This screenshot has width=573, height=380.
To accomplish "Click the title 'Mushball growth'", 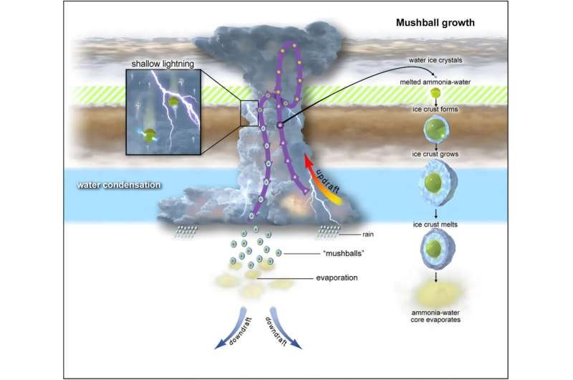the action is (x=435, y=23).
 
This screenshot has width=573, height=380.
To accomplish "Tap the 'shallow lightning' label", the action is (x=163, y=64).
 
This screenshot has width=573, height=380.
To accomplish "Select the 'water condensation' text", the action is (x=119, y=185).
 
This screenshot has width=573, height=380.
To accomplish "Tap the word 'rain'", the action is (x=368, y=234).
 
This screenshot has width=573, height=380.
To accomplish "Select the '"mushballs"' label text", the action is (x=344, y=253).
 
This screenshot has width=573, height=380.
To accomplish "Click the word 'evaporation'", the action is (x=337, y=278).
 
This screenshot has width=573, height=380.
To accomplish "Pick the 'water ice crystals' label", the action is (x=435, y=60).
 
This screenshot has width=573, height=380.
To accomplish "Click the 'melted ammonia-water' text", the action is (x=435, y=82).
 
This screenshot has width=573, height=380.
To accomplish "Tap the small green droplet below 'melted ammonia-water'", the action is (x=435, y=93).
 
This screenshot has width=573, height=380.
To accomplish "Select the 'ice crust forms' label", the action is (x=435, y=109).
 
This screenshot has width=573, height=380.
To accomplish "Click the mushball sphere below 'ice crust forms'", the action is (x=436, y=129).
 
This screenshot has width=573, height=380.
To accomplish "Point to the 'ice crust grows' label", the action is (x=435, y=154).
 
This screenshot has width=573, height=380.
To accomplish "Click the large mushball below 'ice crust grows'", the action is (x=438, y=183).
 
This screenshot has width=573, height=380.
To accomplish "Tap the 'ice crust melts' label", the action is (x=435, y=224).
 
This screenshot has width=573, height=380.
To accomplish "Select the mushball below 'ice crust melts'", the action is (x=437, y=250).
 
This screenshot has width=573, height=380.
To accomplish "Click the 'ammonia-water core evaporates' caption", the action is (x=435, y=316).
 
